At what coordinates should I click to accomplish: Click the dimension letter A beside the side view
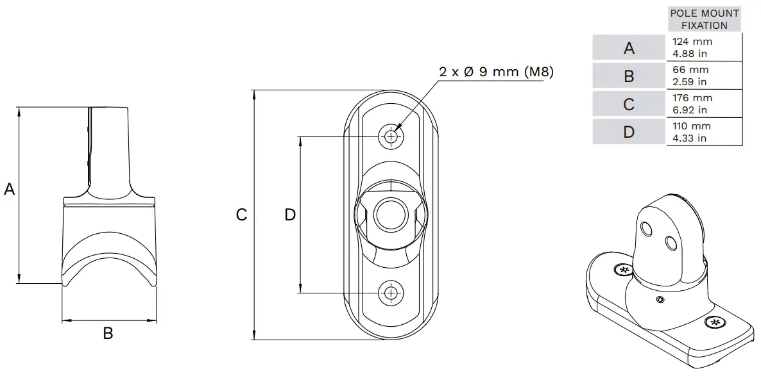pos(10,189)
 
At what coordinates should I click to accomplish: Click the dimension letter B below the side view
pos(108,333)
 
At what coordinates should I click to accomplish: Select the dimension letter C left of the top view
pos(241,215)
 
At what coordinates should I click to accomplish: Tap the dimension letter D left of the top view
pos(290,215)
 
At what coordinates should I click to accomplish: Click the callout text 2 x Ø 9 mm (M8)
pos(496,72)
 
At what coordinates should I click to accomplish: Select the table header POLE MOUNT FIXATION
pos(704,19)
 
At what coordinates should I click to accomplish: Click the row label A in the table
pos(629,47)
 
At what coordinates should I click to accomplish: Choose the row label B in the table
pos(629,76)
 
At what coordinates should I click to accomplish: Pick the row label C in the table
pos(629,104)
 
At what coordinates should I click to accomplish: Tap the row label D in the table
pos(629,132)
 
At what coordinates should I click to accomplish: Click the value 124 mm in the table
pos(692,42)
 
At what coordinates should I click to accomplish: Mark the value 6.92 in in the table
pos(689,110)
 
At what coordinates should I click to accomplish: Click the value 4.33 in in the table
pos(689,138)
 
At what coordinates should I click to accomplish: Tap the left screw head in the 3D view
pos(623,270)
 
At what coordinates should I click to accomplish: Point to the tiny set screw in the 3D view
pos(659,299)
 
